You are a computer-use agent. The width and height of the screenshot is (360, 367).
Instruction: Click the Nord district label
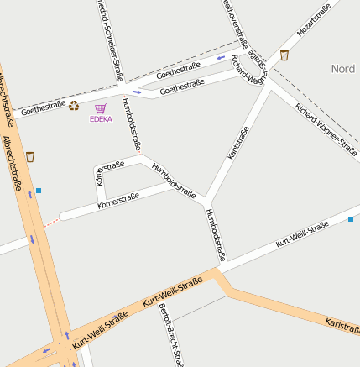(x=343, y=69)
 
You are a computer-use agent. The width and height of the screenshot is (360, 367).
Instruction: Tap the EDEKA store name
(x=101, y=119)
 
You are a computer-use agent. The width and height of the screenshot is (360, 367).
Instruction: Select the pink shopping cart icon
(x=101, y=108)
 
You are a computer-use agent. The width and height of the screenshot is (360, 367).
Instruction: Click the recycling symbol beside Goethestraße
(x=74, y=106)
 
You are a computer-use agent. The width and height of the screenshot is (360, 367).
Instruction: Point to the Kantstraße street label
(x=239, y=144)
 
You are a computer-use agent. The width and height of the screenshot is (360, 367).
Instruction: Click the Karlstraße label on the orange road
(x=342, y=323)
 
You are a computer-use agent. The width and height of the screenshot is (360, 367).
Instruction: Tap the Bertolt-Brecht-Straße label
(x=170, y=334)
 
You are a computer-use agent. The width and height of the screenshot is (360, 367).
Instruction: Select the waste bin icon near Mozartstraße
(x=284, y=55)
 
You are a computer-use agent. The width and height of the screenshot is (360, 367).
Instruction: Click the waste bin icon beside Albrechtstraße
(x=30, y=156)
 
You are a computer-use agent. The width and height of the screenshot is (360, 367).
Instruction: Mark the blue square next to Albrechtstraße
(x=39, y=191)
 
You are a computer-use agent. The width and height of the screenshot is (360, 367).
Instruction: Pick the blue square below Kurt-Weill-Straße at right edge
(x=351, y=219)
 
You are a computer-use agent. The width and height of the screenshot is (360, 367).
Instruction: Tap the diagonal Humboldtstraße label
(x=174, y=181)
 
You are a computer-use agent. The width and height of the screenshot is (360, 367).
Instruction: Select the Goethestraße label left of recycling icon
(x=44, y=107)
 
